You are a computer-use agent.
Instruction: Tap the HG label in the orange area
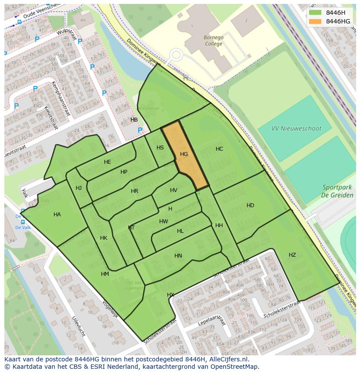tap(184, 154)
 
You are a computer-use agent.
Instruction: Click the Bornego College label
tap(213, 40)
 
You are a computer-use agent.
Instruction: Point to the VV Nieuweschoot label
tap(296, 129)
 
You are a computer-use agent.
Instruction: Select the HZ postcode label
tap(292, 255)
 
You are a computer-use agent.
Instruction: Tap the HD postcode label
tap(250, 205)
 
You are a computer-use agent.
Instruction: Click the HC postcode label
tap(219, 149)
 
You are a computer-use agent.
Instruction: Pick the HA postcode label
tap(57, 215)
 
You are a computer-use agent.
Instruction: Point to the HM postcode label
tap(105, 274)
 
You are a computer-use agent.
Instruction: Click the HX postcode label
tap(170, 295)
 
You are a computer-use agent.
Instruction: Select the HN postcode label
tap(178, 256)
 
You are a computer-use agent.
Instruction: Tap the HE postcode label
tap(107, 162)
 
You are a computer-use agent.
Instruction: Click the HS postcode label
tap(160, 148)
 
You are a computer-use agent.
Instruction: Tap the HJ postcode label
tap(79, 188)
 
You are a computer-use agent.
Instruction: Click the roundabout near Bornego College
tap(176, 55)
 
